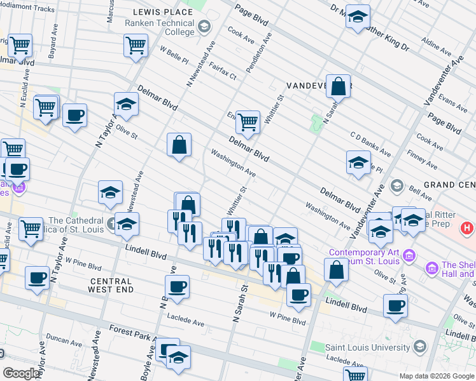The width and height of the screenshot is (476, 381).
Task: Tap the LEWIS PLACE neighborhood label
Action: [x=162, y=12]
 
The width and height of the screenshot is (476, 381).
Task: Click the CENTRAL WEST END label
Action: [x=111, y=285]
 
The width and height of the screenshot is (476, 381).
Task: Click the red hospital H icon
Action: [x=467, y=227]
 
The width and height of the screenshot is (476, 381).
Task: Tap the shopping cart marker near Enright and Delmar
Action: [x=248, y=120]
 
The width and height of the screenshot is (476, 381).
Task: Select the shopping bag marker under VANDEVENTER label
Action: [x=339, y=86]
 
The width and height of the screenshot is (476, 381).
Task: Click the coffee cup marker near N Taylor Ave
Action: [x=75, y=115]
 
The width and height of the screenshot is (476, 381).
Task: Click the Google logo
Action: [x=22, y=373]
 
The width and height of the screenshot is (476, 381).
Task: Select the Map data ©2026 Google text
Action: [x=437, y=376]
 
